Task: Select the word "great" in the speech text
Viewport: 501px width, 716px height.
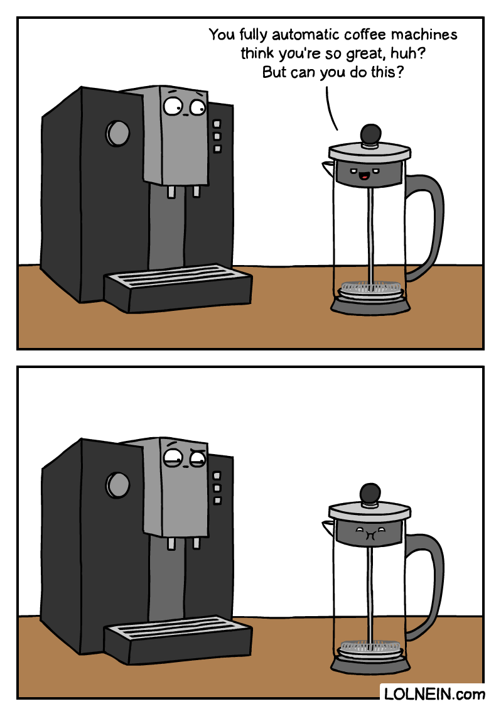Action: point(367,53)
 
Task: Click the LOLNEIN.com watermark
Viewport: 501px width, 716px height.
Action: point(434,694)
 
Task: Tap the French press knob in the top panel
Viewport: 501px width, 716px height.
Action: point(370,133)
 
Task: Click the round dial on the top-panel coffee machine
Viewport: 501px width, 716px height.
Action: point(117,133)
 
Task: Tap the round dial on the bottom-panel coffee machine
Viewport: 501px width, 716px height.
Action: point(117,484)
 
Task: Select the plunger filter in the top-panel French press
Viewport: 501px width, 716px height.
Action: point(370,290)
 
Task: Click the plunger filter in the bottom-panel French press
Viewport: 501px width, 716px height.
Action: point(370,646)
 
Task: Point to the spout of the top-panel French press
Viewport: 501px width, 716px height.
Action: point(328,166)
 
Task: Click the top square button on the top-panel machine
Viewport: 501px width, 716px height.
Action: point(217,124)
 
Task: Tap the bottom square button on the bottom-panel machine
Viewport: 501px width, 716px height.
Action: point(217,501)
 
